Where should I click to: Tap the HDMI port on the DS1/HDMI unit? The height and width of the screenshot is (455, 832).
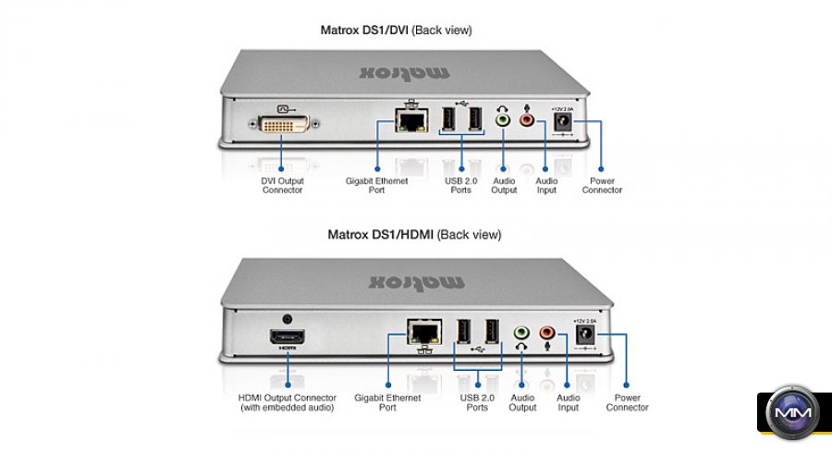tap(287, 337)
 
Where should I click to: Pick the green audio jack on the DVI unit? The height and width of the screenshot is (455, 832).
tap(503, 118)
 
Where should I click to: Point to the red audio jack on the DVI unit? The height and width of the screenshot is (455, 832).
tap(527, 119)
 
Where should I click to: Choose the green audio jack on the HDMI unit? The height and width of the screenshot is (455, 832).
tap(521, 331)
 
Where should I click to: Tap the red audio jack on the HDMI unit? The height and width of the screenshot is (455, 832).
tap(547, 331)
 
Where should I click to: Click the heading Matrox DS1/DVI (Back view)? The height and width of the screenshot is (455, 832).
tap(396, 31)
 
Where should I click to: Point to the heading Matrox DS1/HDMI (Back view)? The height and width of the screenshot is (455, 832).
tap(414, 235)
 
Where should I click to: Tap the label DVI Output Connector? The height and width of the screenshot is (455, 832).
tap(282, 186)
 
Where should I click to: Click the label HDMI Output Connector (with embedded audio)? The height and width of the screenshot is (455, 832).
tap(287, 402)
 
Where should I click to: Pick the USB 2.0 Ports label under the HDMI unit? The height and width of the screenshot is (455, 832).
tap(477, 402)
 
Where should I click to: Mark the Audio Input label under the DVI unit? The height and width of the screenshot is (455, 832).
tap(547, 186)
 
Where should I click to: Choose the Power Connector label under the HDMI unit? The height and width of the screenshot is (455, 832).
tap(628, 402)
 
